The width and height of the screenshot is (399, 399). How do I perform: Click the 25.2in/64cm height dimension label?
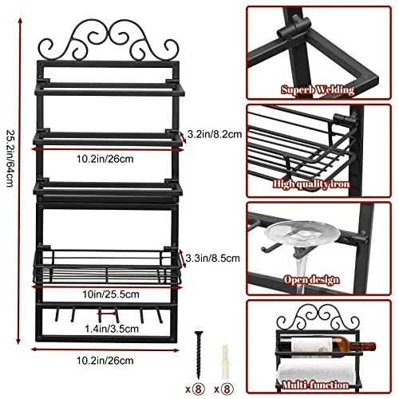[10, 158]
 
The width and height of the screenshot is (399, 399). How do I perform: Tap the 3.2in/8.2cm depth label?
[215, 134]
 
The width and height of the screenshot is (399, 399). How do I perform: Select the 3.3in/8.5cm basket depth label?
[212, 258]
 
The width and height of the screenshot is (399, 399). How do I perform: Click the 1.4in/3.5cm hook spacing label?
[112, 329]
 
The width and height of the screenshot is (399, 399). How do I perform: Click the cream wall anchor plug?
[225, 361]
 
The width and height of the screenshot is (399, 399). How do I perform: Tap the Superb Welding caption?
[318, 90]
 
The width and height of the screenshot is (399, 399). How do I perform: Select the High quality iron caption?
[311, 184]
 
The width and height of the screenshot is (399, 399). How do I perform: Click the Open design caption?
[311, 280]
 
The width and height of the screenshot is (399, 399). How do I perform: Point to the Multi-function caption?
[315, 385]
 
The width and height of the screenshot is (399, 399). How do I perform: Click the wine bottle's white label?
[311, 346]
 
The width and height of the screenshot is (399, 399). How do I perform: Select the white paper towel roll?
[317, 373]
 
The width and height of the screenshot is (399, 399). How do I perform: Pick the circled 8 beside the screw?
[198, 389]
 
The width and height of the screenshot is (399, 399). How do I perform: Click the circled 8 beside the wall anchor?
[227, 389]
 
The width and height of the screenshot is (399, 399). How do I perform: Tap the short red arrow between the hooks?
[107, 314]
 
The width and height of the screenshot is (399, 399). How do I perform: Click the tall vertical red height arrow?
[19, 181]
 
